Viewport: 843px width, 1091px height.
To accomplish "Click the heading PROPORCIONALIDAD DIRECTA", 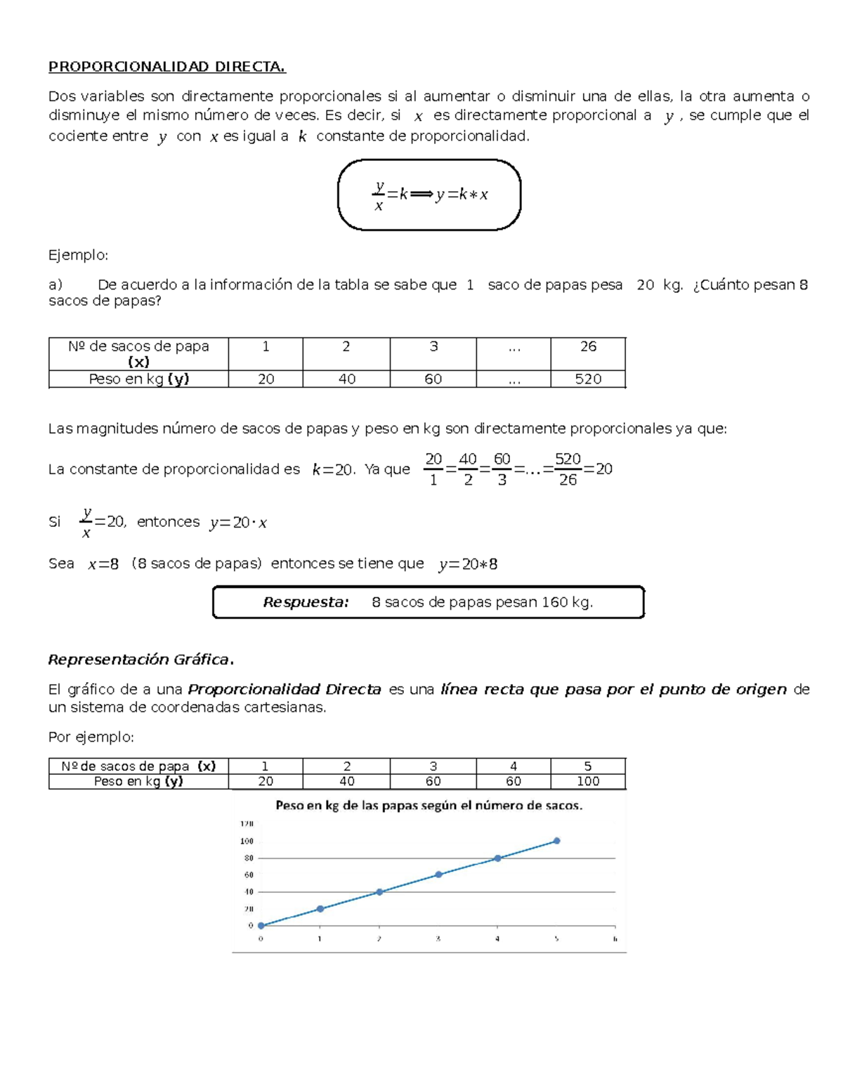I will [x=166, y=67].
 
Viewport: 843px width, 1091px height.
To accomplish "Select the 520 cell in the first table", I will [x=588, y=379].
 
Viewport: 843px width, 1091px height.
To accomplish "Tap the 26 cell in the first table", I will [x=588, y=346].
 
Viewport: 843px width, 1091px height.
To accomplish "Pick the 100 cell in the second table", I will [x=588, y=781].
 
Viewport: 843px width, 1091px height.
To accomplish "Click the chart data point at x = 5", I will [x=556, y=841].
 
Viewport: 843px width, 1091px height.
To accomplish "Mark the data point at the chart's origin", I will [x=261, y=926].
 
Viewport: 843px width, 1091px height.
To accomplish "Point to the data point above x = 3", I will [x=438, y=875].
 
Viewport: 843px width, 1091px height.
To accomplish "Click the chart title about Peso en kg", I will [x=429, y=806].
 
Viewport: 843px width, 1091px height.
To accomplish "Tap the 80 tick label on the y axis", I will [x=249, y=858].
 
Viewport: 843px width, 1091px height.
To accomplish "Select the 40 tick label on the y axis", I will [x=249, y=891].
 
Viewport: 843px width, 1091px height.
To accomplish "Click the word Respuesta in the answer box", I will [x=306, y=602].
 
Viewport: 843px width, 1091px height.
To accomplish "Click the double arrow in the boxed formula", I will [x=421, y=195].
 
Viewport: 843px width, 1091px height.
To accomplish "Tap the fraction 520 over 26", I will [x=568, y=469].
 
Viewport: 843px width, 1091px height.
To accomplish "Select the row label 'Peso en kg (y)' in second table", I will [x=138, y=781].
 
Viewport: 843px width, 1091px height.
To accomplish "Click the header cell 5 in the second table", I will [x=588, y=766].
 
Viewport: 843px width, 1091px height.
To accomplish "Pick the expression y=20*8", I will [x=468, y=564].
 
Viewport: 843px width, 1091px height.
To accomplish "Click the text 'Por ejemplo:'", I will [x=91, y=737].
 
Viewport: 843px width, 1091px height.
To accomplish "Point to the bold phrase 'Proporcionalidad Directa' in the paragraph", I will [x=285, y=689].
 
